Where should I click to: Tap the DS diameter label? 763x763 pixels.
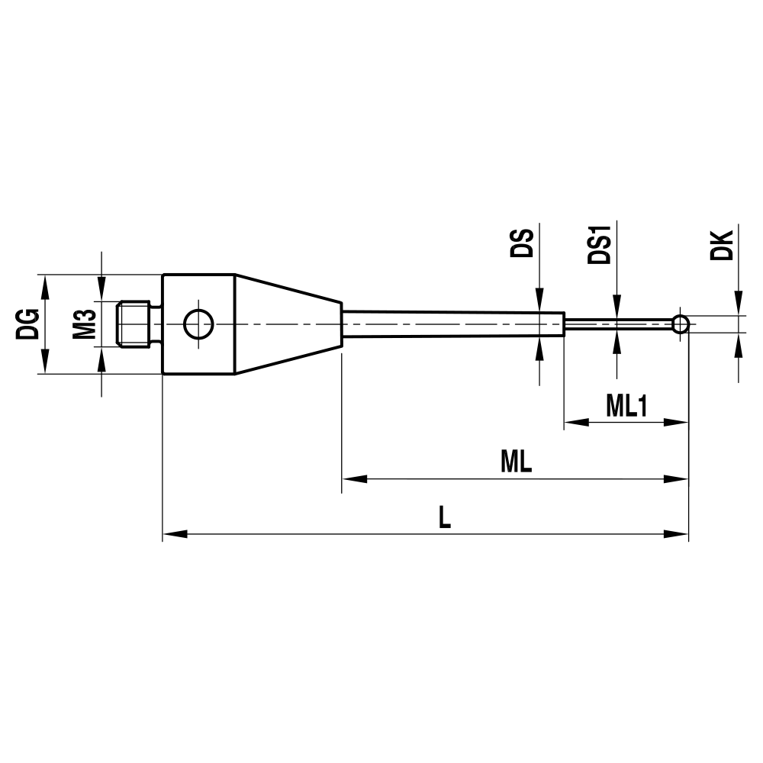(522, 243)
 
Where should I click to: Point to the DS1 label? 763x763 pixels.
(600, 243)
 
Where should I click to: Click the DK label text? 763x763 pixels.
(721, 243)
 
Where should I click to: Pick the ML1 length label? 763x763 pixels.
(626, 406)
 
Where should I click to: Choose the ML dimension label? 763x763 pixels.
(516, 462)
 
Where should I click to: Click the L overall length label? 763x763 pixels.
(445, 518)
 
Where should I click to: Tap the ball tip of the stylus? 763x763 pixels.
(681, 324)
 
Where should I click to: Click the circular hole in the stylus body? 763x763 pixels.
(198, 325)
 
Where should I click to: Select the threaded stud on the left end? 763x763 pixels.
(137, 324)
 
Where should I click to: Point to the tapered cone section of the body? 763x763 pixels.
(286, 324)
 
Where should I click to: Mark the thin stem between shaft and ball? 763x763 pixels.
(618, 324)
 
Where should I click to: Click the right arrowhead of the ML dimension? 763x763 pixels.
(677, 479)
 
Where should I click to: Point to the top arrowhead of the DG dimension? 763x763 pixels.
(44, 285)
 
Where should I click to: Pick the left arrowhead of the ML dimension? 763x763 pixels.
(353, 479)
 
